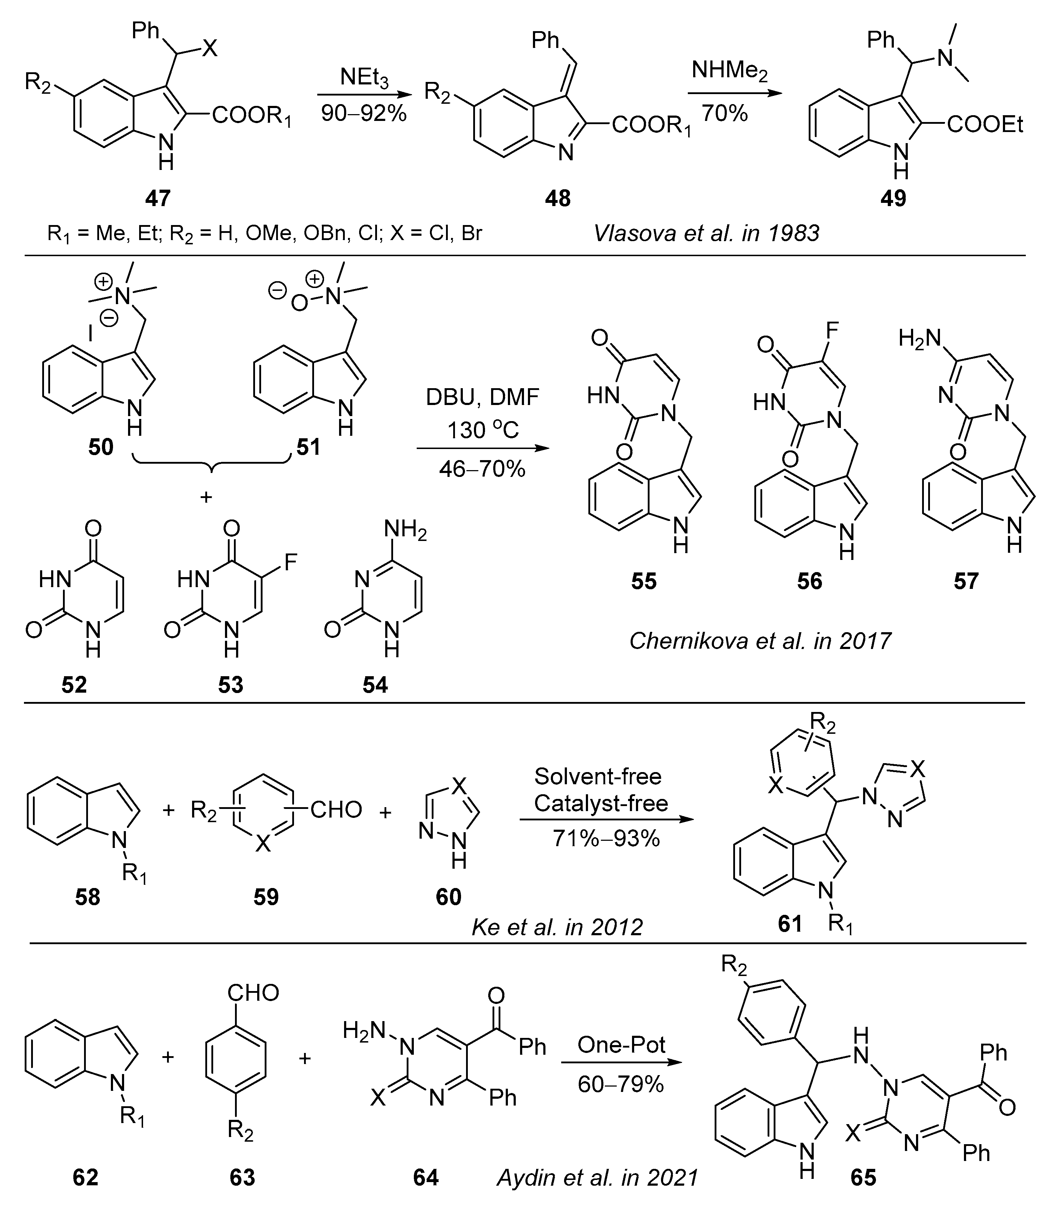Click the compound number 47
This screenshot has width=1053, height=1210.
pyautogui.click(x=157, y=198)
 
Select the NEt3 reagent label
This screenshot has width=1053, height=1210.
pyautogui.click(x=364, y=78)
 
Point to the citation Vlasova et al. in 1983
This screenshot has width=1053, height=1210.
pyautogui.click(x=706, y=233)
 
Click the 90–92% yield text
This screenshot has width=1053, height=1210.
pyautogui.click(x=364, y=113)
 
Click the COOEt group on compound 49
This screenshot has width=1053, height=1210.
pyautogui.click(x=985, y=125)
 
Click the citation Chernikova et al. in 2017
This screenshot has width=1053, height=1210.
pyautogui.click(x=760, y=640)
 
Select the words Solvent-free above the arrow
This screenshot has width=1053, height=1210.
pyautogui.click(x=598, y=776)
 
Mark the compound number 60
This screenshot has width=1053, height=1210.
pyautogui.click(x=449, y=897)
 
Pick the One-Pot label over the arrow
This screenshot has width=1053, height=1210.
pyautogui.click(x=621, y=1044)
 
